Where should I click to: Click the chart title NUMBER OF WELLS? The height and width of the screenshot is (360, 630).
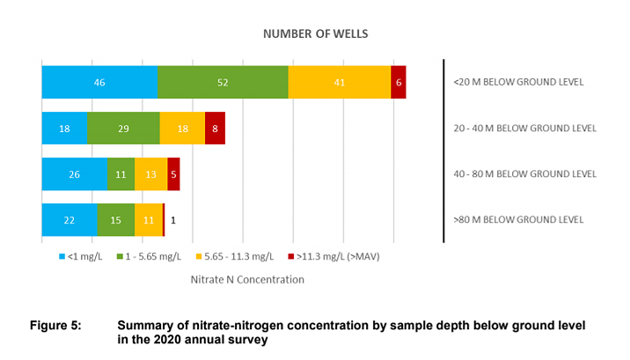[x=315, y=34]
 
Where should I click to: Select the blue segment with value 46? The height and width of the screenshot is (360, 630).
[x=99, y=82]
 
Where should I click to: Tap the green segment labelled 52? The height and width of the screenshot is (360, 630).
[x=223, y=82]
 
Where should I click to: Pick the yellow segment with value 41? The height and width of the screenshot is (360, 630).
[x=340, y=82]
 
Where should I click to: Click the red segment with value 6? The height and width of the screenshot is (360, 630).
[x=399, y=82]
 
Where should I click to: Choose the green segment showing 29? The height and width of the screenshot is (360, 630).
[x=123, y=129]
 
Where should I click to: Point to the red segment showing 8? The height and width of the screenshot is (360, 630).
[x=215, y=129]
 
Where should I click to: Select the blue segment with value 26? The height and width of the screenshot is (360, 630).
[x=74, y=174]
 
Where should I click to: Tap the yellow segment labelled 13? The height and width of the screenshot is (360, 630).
[x=150, y=174]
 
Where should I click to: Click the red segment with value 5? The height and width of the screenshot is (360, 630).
[x=173, y=174]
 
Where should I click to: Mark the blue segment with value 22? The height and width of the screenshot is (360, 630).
[x=70, y=220]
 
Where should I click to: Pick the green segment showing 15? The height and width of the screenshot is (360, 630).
[x=116, y=220]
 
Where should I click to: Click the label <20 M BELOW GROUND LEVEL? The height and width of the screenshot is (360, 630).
[x=518, y=82]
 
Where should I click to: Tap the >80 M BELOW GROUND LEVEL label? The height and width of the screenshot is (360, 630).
[x=518, y=220]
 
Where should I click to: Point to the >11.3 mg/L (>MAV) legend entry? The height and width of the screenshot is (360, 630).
[x=333, y=256]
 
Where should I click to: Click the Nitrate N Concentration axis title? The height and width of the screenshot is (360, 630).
[x=247, y=280]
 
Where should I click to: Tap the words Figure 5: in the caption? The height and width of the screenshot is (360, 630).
[x=55, y=326]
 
